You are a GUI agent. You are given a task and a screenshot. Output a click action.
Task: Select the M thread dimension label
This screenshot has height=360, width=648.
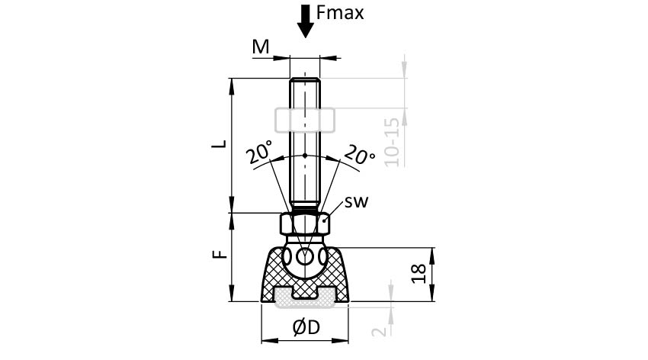tap(261, 47)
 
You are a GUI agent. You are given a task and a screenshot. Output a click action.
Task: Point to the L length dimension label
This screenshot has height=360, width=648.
tap(218, 144)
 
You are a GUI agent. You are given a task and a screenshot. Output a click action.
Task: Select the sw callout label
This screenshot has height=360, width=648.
tap(357, 203)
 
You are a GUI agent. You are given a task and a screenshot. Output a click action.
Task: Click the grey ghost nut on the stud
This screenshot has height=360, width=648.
tap(304, 120)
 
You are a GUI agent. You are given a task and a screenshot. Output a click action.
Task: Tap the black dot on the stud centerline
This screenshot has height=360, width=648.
tap(305, 155)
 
